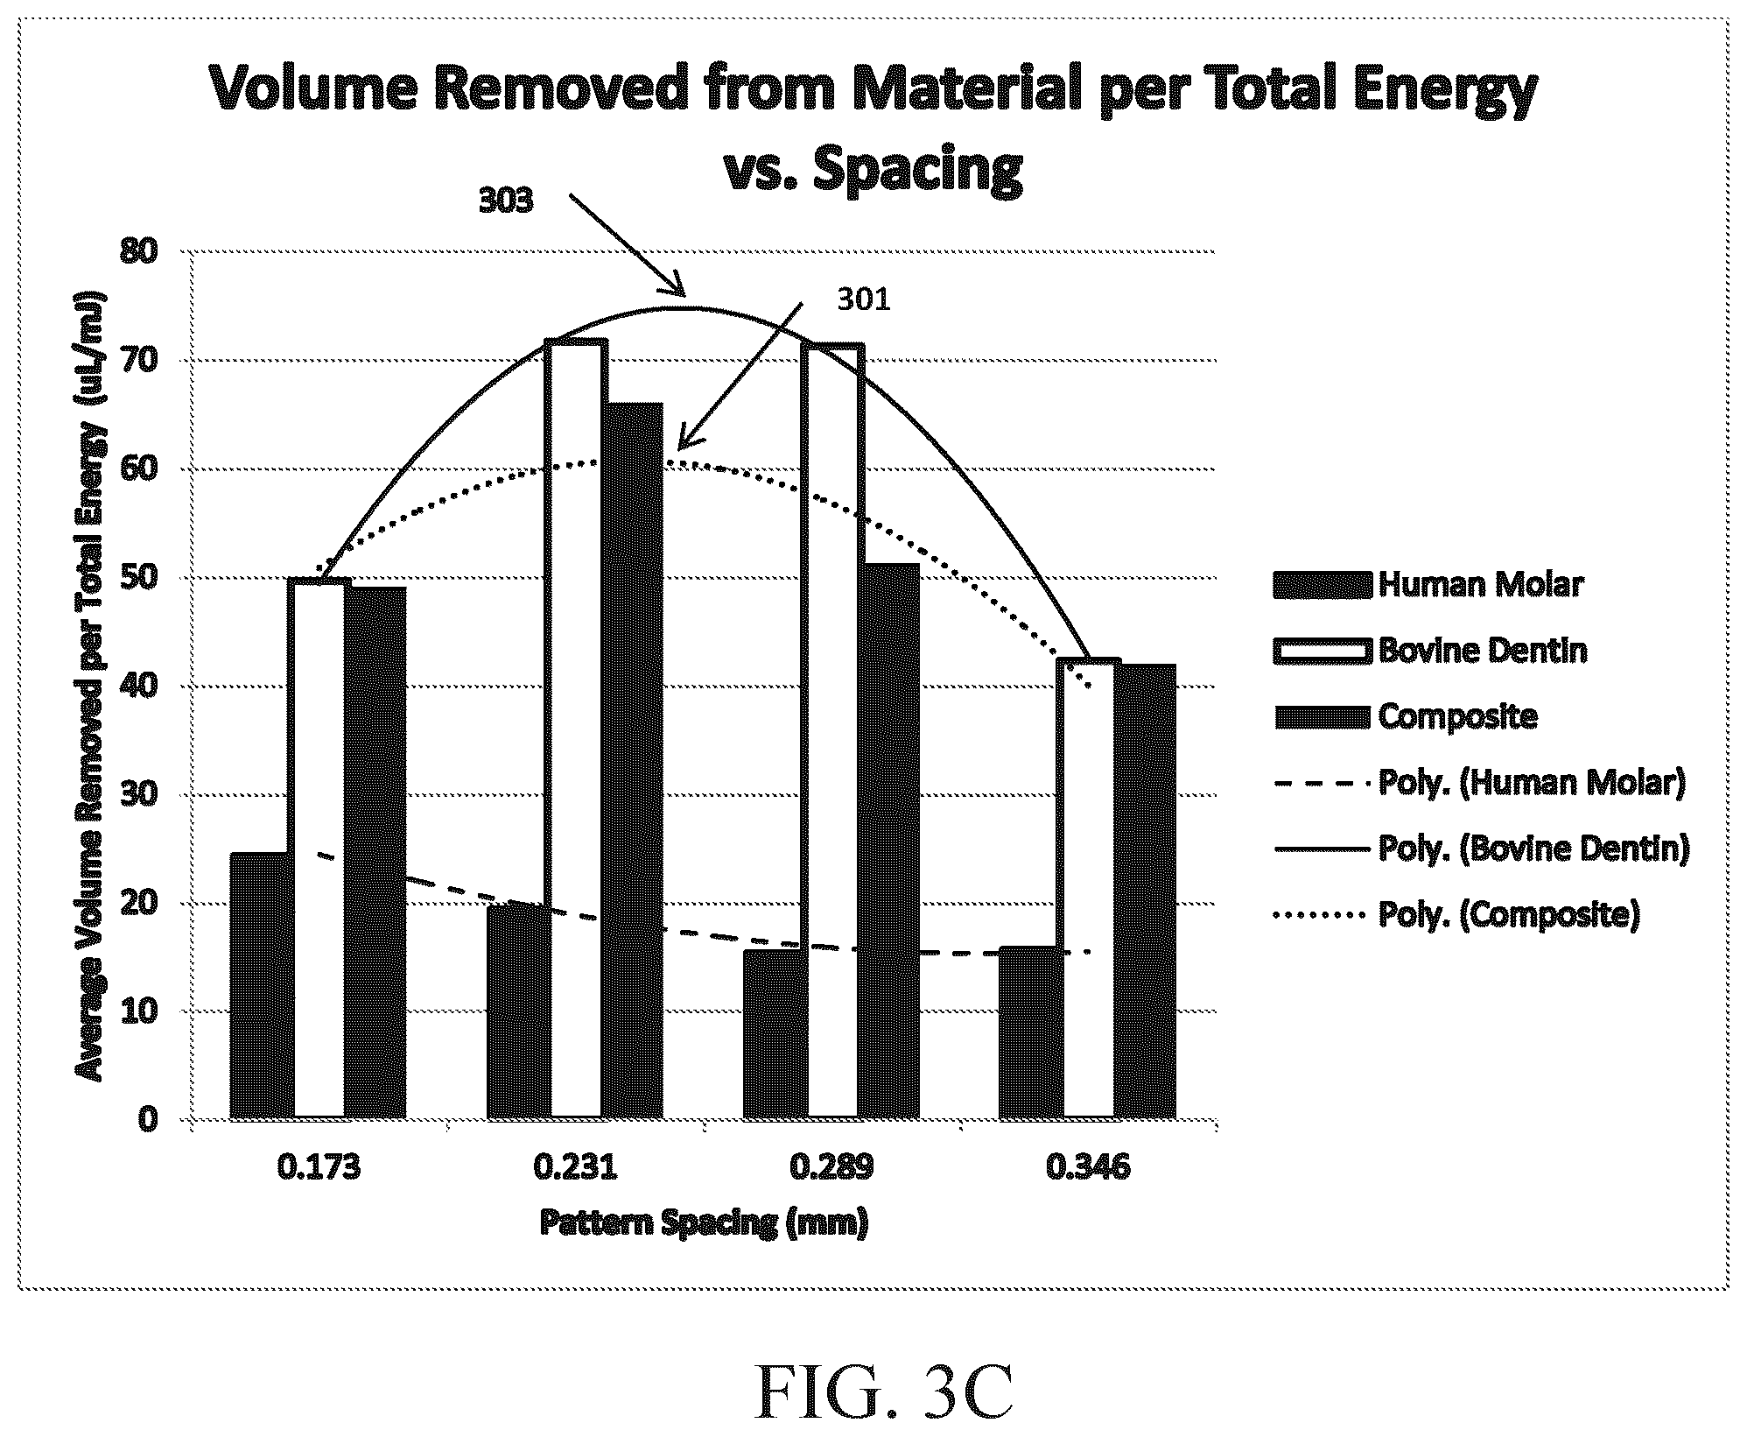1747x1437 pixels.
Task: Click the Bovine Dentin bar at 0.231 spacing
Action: click(x=575, y=729)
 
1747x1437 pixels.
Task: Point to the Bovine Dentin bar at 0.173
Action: click(x=319, y=848)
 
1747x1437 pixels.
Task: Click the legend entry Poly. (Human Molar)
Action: click(x=1478, y=782)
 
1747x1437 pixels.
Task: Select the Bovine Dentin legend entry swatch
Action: click(x=1321, y=651)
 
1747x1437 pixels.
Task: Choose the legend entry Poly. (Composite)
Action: click(x=1455, y=914)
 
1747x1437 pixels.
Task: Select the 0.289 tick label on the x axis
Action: click(x=831, y=1167)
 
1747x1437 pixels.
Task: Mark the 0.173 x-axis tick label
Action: click(x=319, y=1167)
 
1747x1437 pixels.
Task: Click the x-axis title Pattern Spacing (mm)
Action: click(x=704, y=1222)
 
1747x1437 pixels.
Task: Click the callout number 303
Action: click(x=505, y=201)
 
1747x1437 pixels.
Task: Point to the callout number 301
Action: click(x=864, y=300)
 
